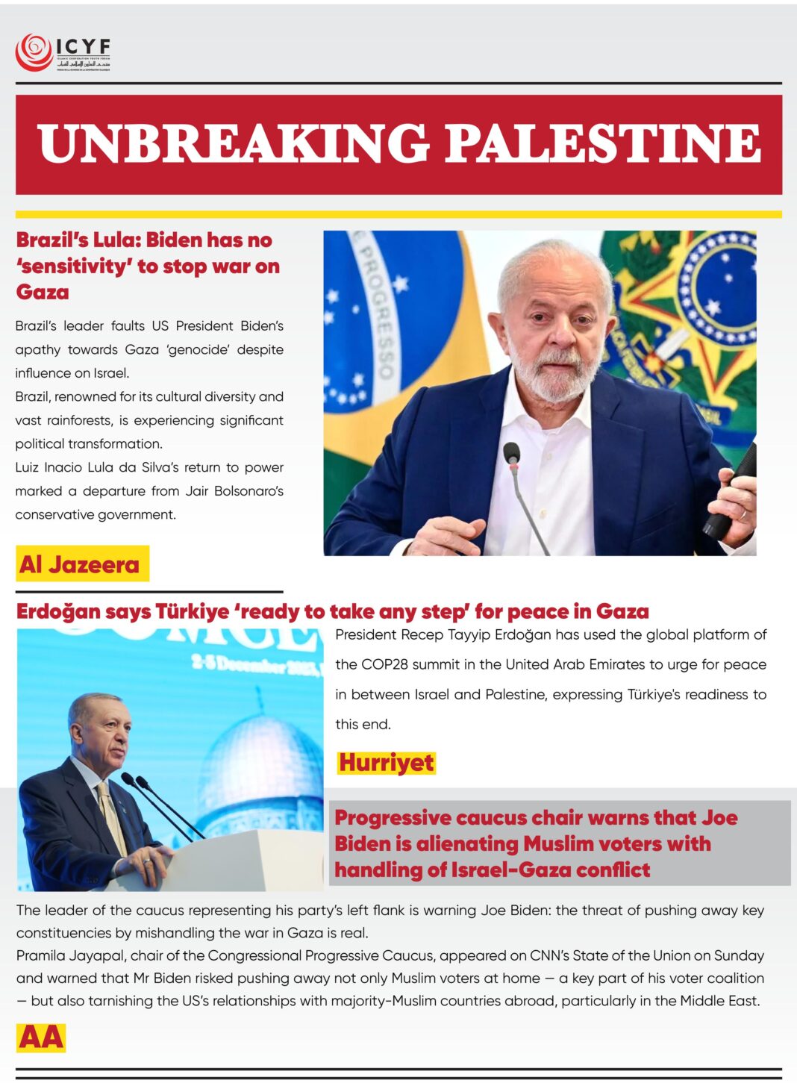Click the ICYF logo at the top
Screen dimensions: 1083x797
coord(63,52)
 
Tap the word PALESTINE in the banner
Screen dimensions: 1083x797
coord(603,143)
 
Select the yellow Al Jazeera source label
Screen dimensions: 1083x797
coord(81,564)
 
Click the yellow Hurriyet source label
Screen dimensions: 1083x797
coord(386,763)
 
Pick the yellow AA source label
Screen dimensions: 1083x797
coord(41,1037)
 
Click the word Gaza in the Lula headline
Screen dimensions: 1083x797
coord(43,292)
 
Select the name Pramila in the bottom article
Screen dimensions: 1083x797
coord(47,955)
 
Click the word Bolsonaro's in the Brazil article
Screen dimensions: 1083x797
coord(249,491)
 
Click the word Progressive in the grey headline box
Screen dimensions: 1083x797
coord(393,818)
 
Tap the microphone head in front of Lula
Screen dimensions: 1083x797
coord(511,452)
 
